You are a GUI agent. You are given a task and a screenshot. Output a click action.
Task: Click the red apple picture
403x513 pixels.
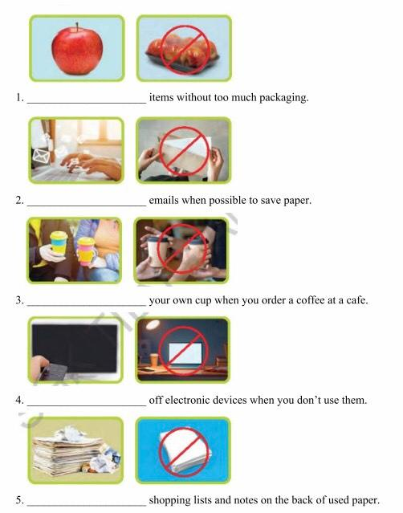[76, 47]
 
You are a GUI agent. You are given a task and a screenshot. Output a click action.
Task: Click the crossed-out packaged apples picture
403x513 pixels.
[183, 47]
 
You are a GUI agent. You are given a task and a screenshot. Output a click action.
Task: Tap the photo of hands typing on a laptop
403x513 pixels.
[76, 149]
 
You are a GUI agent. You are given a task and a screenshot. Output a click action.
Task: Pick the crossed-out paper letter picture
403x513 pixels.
[183, 149]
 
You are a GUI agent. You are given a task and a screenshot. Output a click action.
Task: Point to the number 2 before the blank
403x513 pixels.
[18, 200]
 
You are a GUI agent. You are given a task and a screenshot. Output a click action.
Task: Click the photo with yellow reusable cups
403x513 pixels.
[76, 250]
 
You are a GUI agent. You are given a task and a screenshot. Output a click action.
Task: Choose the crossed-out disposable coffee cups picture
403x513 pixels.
[183, 250]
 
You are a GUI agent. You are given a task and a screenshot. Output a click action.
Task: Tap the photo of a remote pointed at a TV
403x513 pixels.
[76, 349]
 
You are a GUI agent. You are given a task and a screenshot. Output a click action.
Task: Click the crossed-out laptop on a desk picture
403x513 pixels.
[183, 349]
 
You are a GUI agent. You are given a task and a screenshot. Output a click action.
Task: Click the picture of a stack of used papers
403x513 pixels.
[76, 449]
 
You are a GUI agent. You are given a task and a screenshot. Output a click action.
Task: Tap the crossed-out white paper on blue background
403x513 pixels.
[183, 449]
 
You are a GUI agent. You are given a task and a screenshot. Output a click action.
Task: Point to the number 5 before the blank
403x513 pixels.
[18, 500]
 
